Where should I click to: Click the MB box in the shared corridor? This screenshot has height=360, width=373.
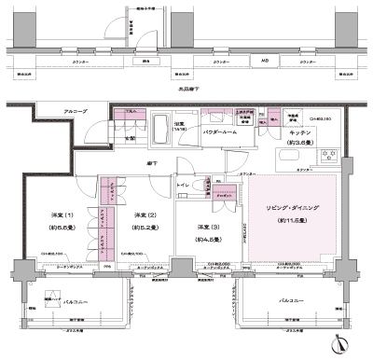(x=266, y=62)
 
